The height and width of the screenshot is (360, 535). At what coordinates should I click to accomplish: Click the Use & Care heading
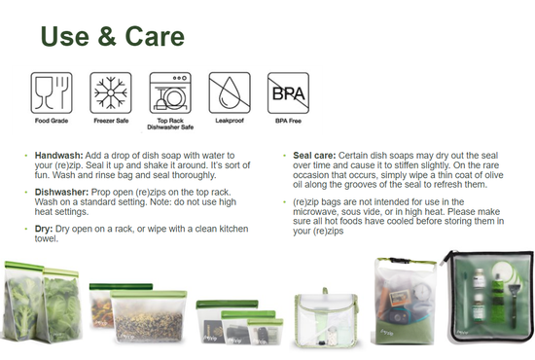(111, 37)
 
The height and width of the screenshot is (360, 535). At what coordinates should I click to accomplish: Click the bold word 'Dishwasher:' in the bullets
(63, 193)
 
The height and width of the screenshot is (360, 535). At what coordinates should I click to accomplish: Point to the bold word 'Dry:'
(45, 227)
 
